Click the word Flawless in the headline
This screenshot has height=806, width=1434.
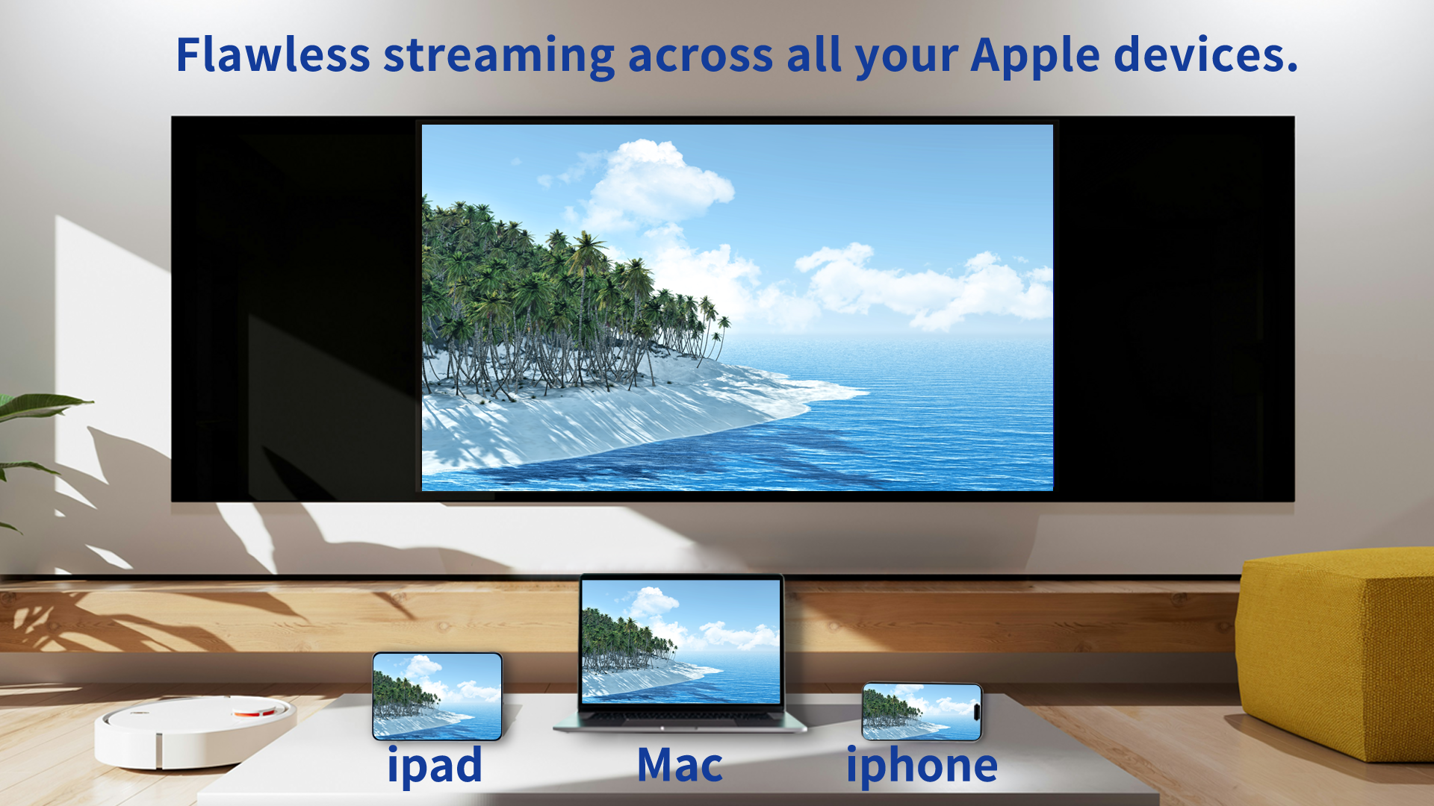pyautogui.click(x=273, y=55)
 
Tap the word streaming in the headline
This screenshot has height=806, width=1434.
pyautogui.click(x=499, y=57)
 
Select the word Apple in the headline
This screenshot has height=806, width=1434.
pyautogui.click(x=1035, y=57)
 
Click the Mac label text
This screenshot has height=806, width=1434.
pyautogui.click(x=680, y=766)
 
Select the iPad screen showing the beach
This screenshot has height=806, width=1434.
pyautogui.click(x=437, y=696)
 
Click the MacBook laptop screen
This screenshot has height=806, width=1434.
pyautogui.click(x=680, y=640)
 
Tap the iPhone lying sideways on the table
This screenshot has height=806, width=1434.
pyautogui.click(x=921, y=711)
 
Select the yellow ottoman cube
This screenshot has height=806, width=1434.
pyautogui.click(x=1337, y=649)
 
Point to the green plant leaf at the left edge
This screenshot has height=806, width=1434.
pyautogui.click(x=37, y=407)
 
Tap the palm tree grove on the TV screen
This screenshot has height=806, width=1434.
pyautogui.click(x=538, y=299)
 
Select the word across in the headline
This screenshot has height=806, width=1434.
pyautogui.click(x=700, y=57)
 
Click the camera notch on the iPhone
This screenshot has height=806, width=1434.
pyautogui.click(x=976, y=710)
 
